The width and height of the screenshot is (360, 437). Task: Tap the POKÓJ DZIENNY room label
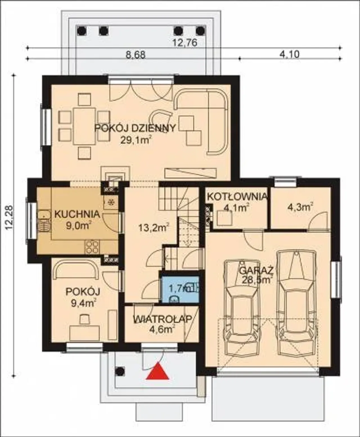[135, 128]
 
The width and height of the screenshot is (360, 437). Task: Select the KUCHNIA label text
[77, 214]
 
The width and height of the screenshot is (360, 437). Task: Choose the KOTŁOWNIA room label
[237, 196]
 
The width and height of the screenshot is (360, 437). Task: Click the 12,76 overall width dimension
[185, 43]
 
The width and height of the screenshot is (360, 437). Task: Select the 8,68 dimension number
[136, 55]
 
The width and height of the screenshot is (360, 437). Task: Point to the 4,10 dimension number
[289, 54]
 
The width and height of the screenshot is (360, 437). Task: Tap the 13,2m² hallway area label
[154, 227]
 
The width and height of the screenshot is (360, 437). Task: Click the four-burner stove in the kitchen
[92, 247]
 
